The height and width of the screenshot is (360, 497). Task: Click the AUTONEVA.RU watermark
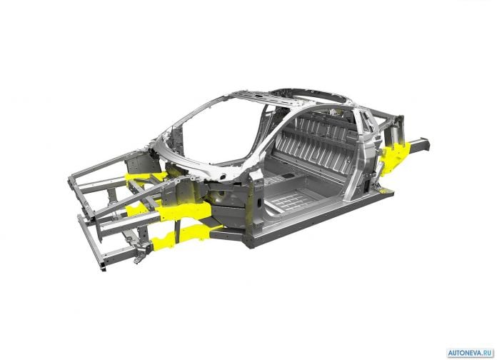pos(470,353)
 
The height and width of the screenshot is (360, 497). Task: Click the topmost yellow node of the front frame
pos(146,179)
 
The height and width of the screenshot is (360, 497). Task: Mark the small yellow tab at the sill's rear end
pos(384,191)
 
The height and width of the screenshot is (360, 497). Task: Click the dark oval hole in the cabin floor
pos(288,176)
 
